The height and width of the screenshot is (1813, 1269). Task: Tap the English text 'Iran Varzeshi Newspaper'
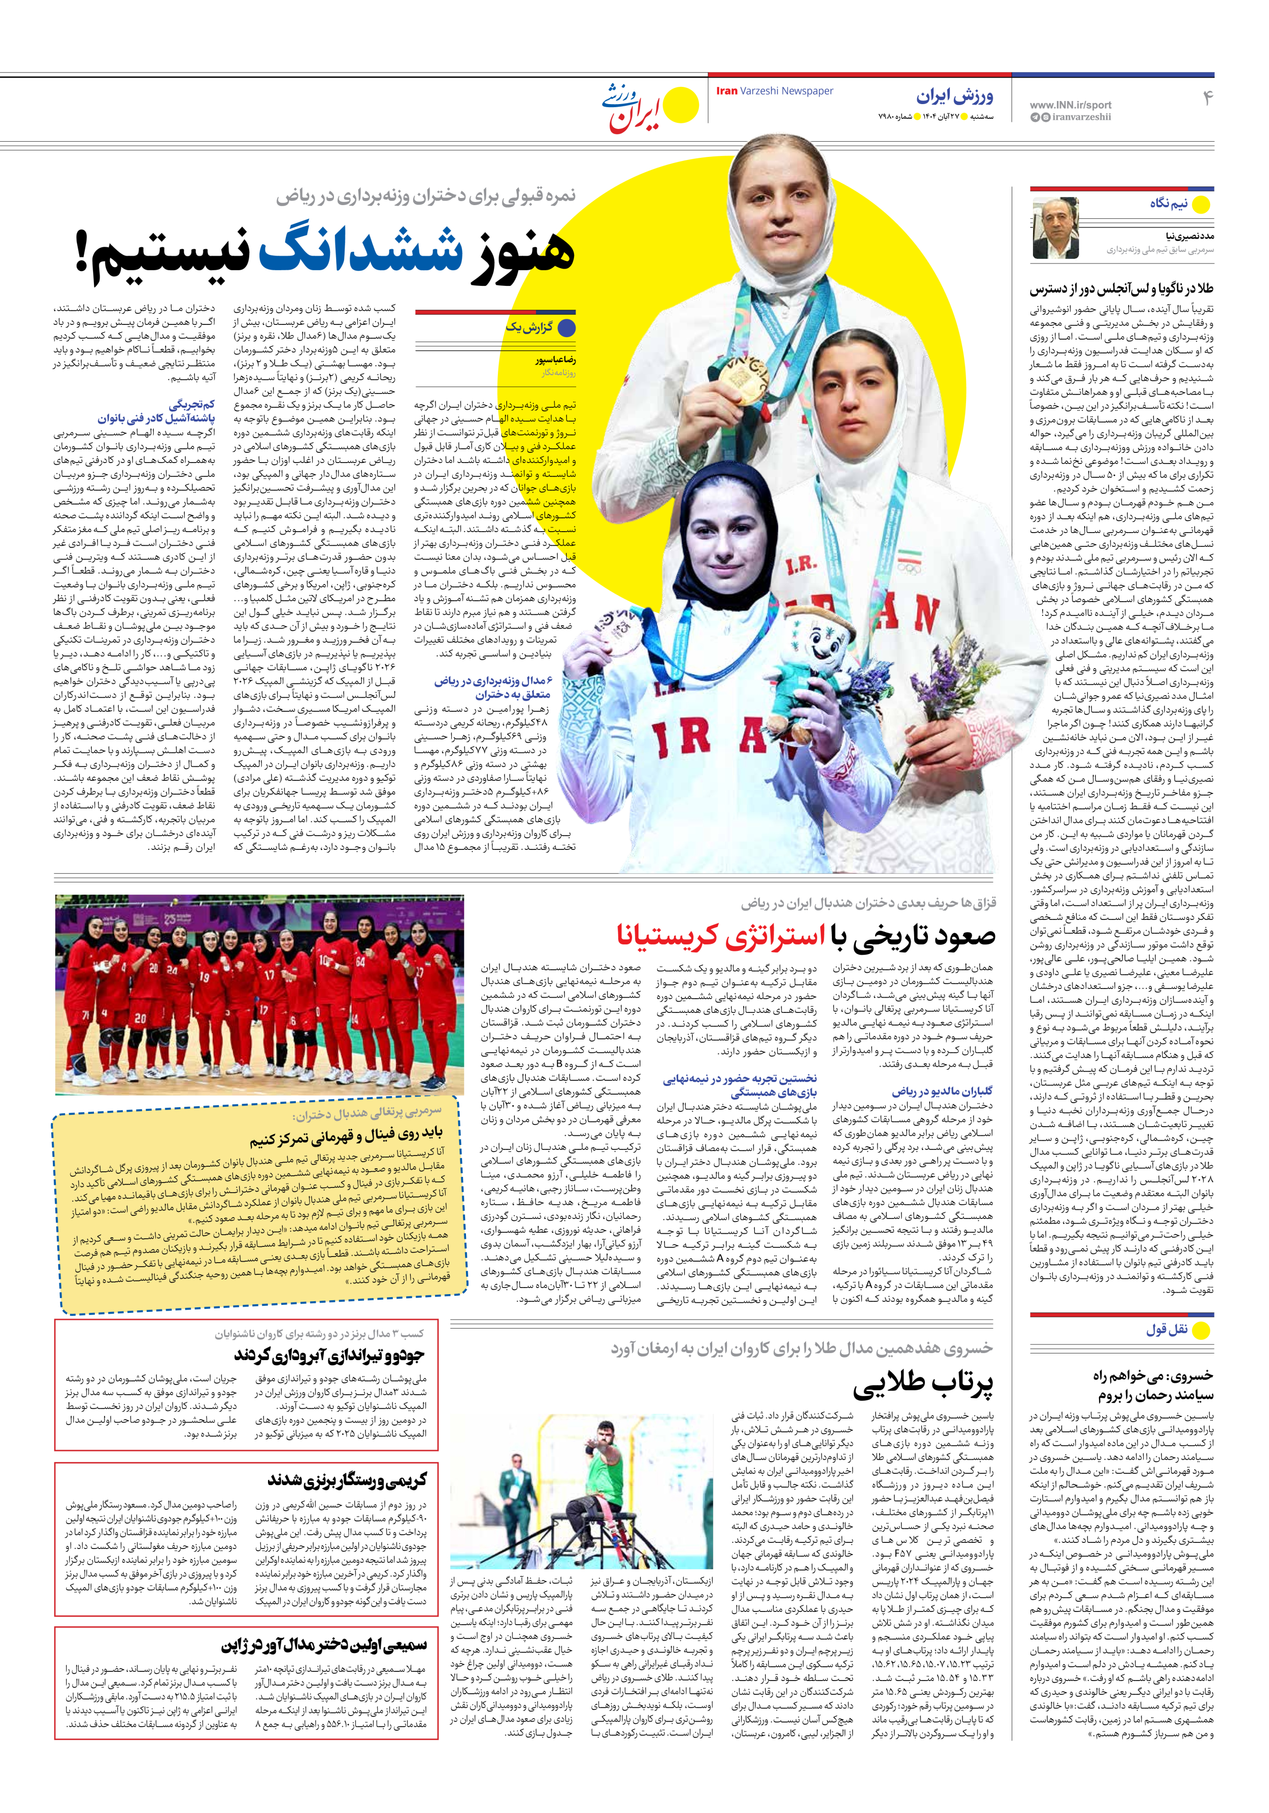coord(774,91)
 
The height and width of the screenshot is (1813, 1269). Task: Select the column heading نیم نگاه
coord(1168,204)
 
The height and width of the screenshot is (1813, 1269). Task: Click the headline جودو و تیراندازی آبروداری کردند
coord(329,1355)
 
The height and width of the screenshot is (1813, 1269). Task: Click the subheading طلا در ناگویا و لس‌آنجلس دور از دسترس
coord(1121,289)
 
